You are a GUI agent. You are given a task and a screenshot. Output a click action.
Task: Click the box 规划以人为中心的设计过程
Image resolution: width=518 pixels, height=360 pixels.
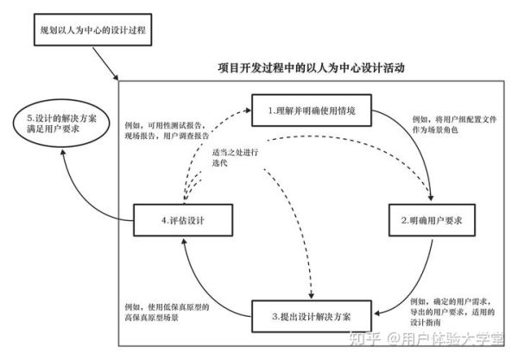pyautogui.click(x=93, y=31)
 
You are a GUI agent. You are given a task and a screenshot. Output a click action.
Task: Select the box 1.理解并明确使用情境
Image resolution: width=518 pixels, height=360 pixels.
pyautogui.click(x=311, y=111)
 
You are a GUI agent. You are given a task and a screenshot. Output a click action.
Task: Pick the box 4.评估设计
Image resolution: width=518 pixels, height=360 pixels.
pyautogui.click(x=182, y=221)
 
